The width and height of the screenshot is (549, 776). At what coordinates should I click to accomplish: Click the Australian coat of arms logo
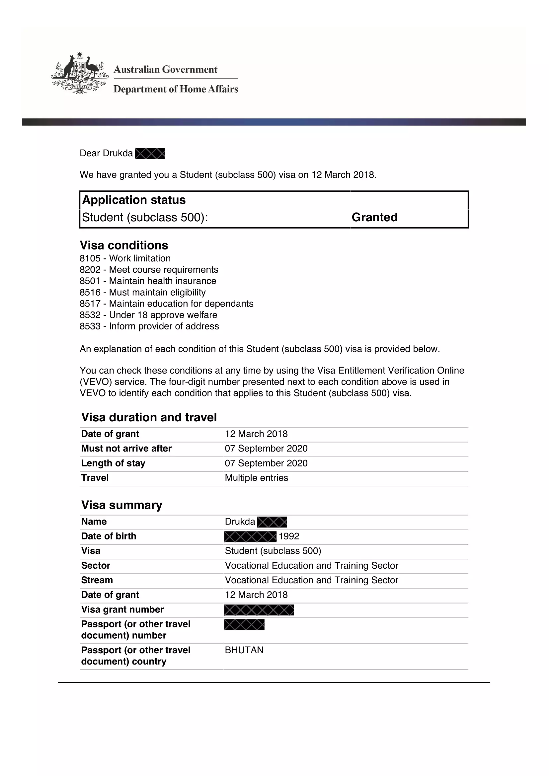(80, 73)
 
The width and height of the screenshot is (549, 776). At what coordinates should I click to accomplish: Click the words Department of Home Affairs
(176, 89)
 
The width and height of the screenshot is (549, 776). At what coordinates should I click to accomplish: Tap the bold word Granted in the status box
(374, 217)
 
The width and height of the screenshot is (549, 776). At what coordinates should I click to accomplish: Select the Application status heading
(134, 200)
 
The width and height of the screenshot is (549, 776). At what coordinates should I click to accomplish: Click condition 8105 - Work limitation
(125, 258)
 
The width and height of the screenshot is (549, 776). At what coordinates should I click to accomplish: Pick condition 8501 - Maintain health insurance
(148, 281)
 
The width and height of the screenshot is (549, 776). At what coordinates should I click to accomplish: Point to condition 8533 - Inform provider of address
(149, 326)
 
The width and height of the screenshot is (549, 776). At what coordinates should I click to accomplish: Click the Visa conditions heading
(124, 245)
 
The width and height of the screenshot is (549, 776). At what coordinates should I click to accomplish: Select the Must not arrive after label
(126, 449)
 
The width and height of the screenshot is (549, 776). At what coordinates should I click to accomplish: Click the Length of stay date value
(266, 463)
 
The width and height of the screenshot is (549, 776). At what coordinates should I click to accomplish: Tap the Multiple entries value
(256, 478)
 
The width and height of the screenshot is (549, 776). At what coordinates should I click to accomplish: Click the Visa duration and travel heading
(149, 417)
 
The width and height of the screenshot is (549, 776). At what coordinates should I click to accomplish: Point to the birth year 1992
(289, 536)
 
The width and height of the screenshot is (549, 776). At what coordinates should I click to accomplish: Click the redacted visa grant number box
(259, 610)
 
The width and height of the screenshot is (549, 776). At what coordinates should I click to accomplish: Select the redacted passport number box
(244, 625)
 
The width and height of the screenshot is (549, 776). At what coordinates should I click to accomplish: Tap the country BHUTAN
(244, 650)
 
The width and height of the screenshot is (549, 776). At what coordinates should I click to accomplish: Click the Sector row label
(96, 565)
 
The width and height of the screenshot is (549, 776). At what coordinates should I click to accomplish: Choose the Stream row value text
(311, 580)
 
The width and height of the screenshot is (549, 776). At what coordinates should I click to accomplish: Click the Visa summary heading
(122, 505)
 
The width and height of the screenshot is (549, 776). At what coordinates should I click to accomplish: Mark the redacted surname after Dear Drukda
(150, 154)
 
